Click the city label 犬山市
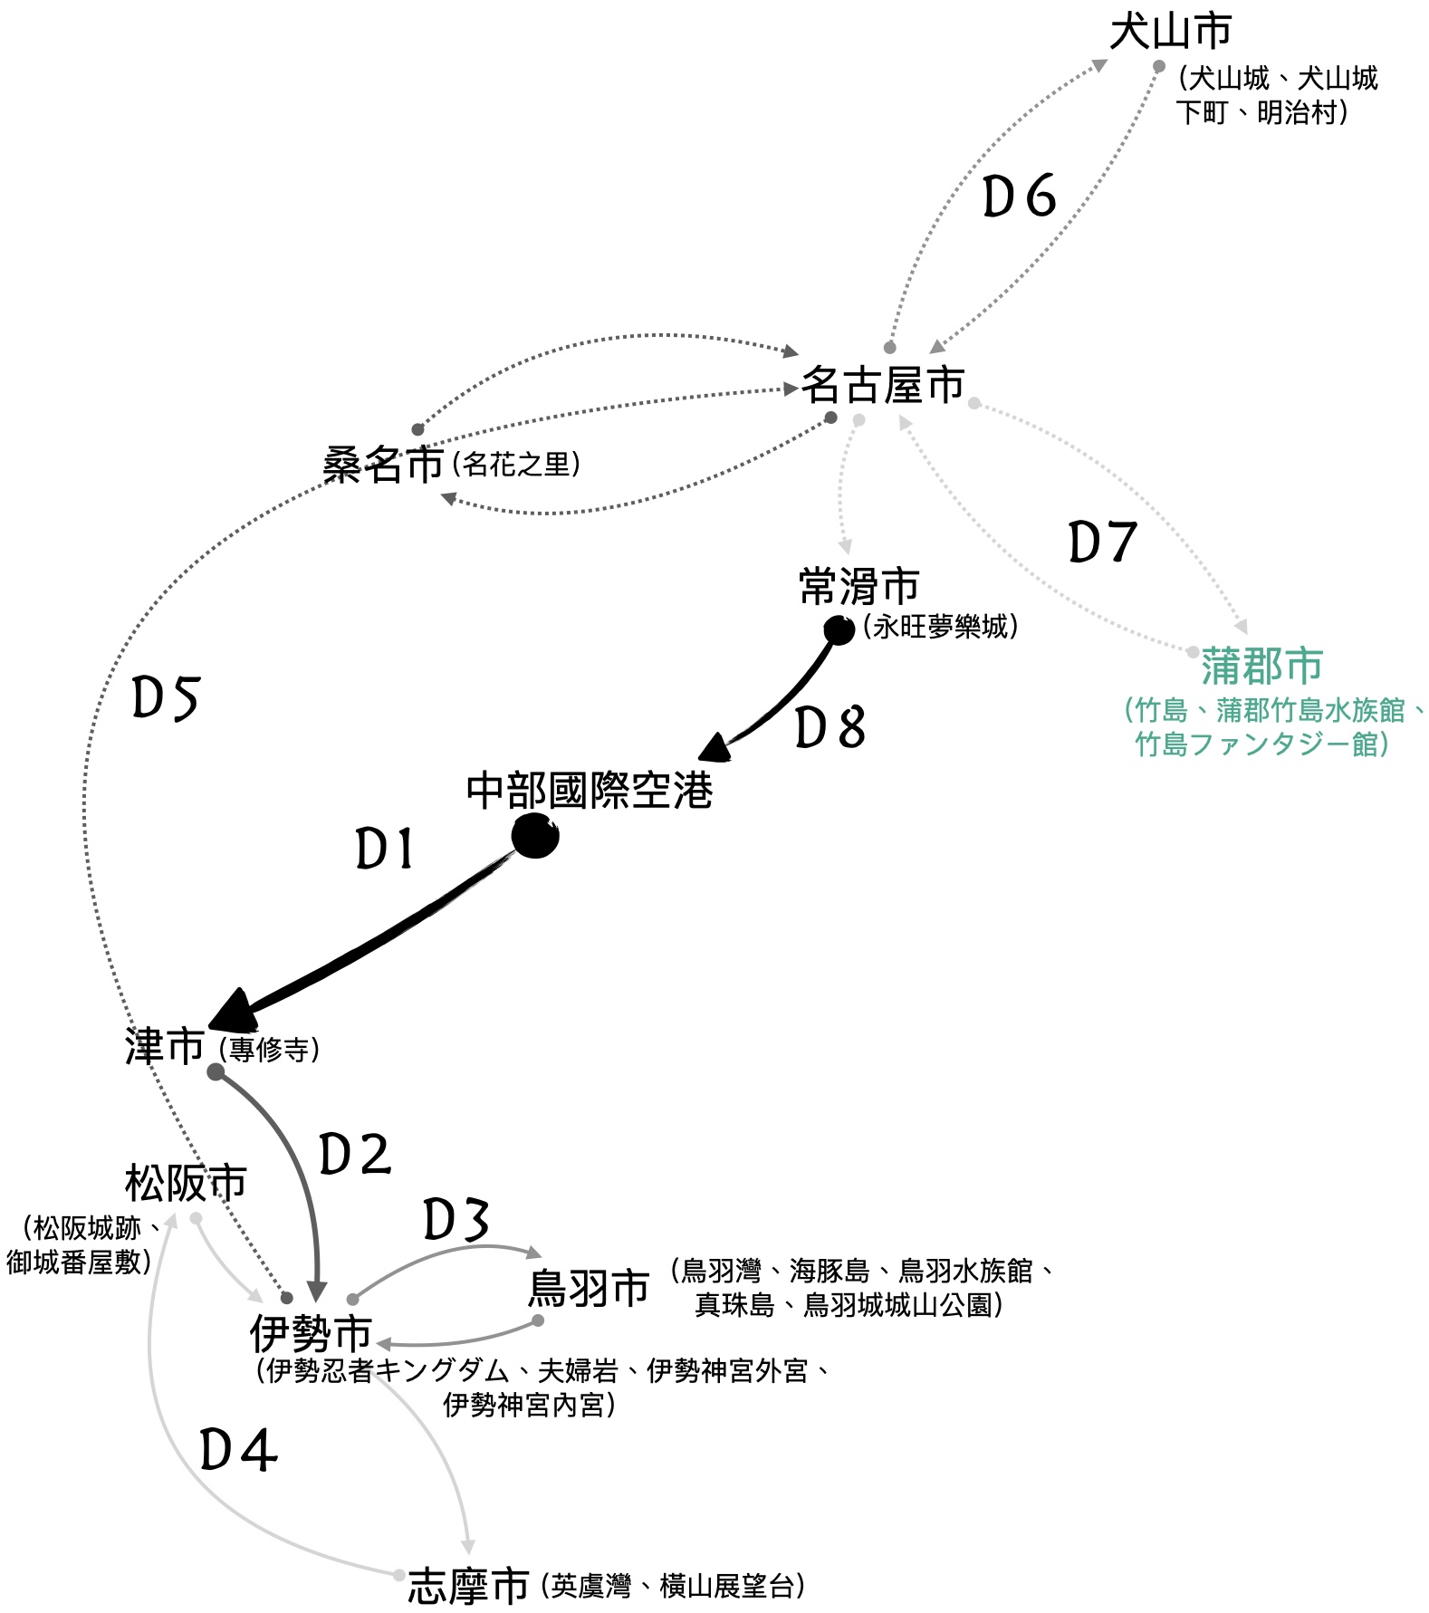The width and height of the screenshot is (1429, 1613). [1170, 32]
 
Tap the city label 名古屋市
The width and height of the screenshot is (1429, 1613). [883, 385]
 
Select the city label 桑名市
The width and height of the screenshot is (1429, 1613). [383, 466]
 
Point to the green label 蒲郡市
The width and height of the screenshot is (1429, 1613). [1261, 667]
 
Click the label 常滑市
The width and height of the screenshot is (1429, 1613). [858, 587]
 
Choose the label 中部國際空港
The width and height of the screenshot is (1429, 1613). [590, 791]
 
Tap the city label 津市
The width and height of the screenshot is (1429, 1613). [165, 1047]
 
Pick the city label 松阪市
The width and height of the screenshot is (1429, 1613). [186, 1183]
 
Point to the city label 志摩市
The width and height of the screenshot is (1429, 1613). [468, 1586]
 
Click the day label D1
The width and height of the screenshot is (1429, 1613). [385, 850]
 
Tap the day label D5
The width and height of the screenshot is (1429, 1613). [165, 698]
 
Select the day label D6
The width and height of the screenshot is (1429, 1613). [1020, 197]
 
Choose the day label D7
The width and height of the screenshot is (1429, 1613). [1102, 542]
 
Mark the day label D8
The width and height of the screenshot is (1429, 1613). [830, 728]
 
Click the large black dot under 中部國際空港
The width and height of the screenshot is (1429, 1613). [534, 835]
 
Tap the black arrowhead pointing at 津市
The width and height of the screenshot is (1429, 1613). [235, 1012]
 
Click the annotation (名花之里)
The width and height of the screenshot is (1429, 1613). [515, 465]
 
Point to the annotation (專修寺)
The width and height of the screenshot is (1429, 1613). [269, 1049]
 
